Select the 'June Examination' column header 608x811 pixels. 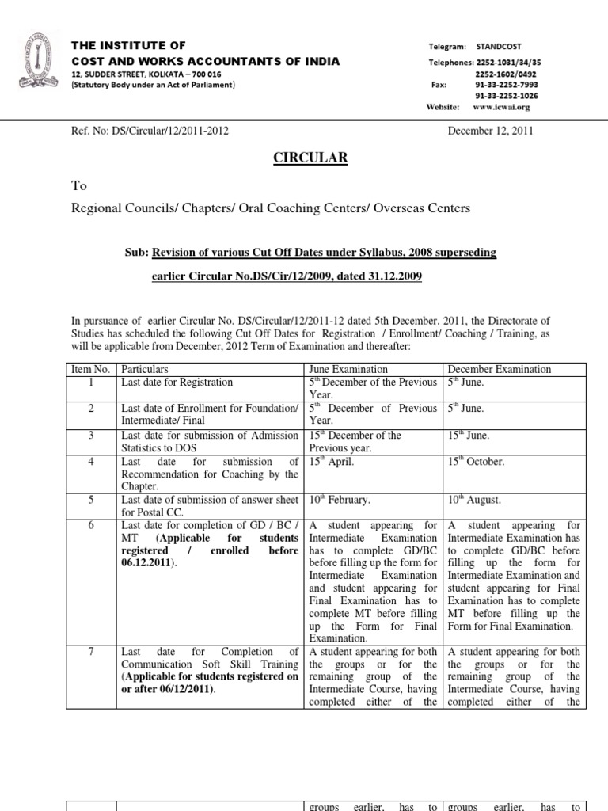348,370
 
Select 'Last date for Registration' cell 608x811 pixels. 177,383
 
